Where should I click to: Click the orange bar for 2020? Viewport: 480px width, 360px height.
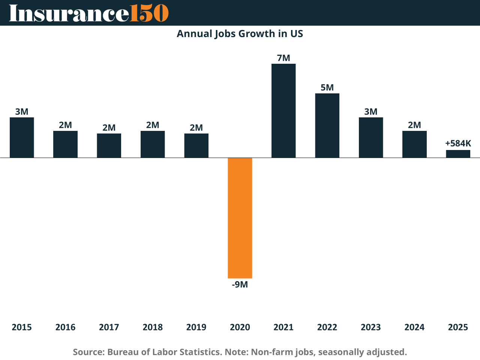pyautogui.click(x=240, y=217)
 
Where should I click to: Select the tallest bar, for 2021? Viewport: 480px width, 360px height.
pyautogui.click(x=283, y=111)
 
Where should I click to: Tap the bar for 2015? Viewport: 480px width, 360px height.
pyautogui.click(x=22, y=137)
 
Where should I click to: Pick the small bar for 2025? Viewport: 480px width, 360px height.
pyautogui.click(x=458, y=154)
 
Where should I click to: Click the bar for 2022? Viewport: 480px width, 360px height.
pyautogui.click(x=327, y=125)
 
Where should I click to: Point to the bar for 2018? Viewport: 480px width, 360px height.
pyautogui.click(x=153, y=144)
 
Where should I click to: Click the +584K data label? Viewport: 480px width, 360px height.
pyautogui.click(x=458, y=143)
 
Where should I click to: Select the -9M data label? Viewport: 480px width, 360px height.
pyautogui.click(x=240, y=285)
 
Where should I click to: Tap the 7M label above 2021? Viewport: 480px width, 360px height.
pyautogui.click(x=283, y=58)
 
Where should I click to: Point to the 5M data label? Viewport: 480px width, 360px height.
pyautogui.click(x=327, y=88)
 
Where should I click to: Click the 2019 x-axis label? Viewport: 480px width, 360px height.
pyautogui.click(x=196, y=327)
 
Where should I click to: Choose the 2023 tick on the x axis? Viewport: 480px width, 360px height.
pyautogui.click(x=370, y=327)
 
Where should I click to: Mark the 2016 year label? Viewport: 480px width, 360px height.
pyautogui.click(x=65, y=327)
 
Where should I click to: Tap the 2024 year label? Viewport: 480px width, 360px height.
pyautogui.click(x=414, y=327)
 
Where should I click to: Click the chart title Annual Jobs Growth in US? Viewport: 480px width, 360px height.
pyautogui.click(x=240, y=34)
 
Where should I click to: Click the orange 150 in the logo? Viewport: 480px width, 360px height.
pyautogui.click(x=149, y=13)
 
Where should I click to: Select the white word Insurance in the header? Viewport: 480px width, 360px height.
pyautogui.click(x=69, y=13)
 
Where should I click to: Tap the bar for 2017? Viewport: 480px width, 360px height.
pyautogui.click(x=109, y=145)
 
